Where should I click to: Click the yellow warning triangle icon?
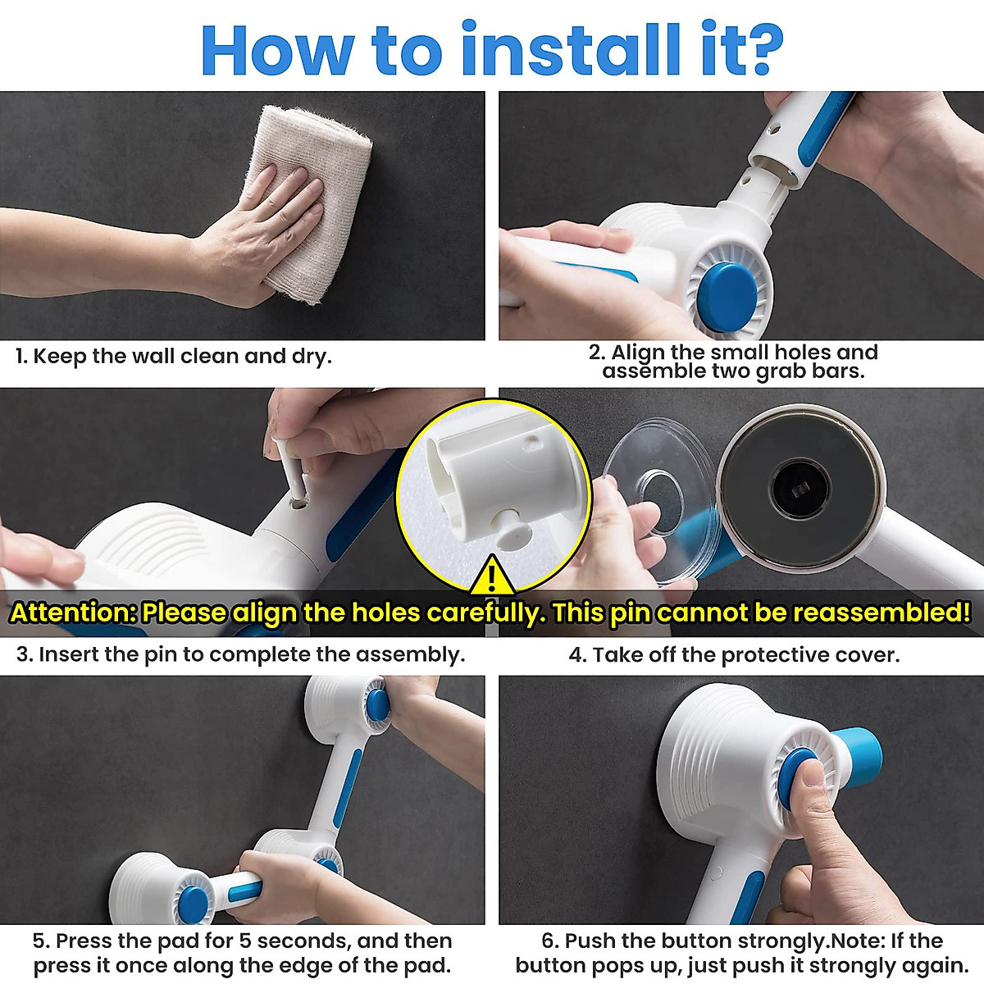coord(491,576)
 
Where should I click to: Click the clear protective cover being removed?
coord(656,492)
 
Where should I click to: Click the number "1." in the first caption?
coord(22,357)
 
